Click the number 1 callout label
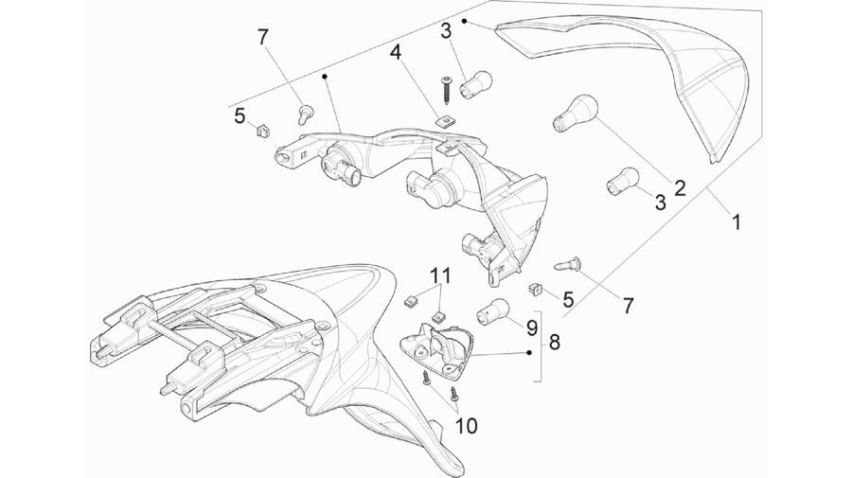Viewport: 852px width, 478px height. point(736,222)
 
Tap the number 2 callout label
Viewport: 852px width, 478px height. point(680,188)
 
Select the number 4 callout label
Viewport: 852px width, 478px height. point(396,53)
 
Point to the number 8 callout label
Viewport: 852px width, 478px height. point(554,343)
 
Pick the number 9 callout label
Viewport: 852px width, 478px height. point(531,328)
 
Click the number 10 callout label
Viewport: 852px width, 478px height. point(466,426)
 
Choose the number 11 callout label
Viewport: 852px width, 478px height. point(440,275)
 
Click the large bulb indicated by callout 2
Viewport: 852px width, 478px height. point(575,113)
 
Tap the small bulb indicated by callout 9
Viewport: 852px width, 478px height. point(493,310)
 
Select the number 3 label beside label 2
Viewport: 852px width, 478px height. point(660,203)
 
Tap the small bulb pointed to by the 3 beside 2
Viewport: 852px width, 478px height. point(622,181)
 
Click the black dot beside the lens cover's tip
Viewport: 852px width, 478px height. point(465,21)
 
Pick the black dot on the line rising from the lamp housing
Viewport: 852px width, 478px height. point(325,77)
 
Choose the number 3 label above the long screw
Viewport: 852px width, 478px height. point(446,31)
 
